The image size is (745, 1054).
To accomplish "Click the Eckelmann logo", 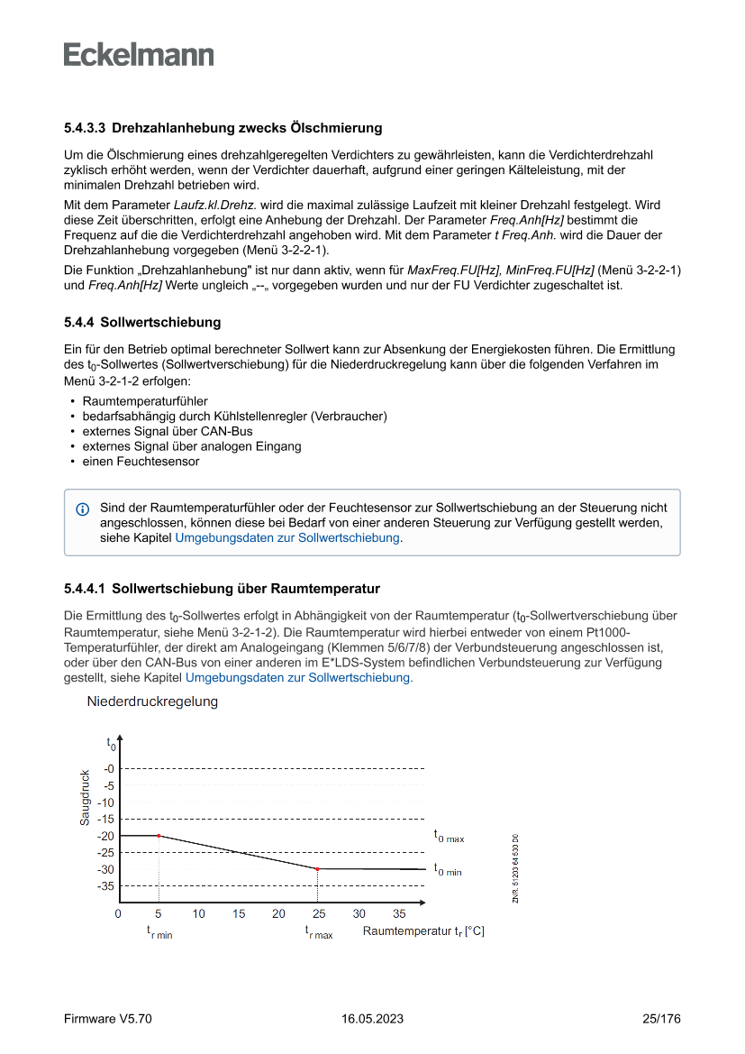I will coord(139,55).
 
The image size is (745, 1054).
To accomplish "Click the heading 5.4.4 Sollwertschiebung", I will coord(142,322).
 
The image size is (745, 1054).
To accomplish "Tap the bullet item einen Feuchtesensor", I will coord(141,462).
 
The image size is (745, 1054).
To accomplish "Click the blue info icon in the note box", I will coord(83,509).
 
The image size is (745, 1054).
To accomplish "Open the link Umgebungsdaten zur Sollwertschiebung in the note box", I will coord(287,537).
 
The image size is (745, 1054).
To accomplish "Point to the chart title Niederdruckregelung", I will coord(152,701).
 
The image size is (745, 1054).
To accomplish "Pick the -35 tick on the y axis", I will coord(106,886).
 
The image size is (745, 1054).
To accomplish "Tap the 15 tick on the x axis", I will coord(239,913).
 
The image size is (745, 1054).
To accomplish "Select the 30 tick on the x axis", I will coord(359,913).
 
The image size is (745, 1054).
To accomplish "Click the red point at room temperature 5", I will coord(159,836).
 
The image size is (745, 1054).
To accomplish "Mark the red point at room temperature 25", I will coord(318,869).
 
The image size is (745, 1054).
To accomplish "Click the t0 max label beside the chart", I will coord(449,837).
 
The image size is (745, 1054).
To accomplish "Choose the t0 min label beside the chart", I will coord(448,870).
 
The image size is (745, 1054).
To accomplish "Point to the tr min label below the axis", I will coord(159,932).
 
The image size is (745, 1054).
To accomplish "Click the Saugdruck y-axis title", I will coord(84,797).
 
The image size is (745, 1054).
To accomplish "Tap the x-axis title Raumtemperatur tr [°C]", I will coord(423,931).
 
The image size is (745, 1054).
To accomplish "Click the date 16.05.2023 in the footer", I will coord(372,1019).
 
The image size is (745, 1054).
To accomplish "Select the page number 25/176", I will coord(661,1019).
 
